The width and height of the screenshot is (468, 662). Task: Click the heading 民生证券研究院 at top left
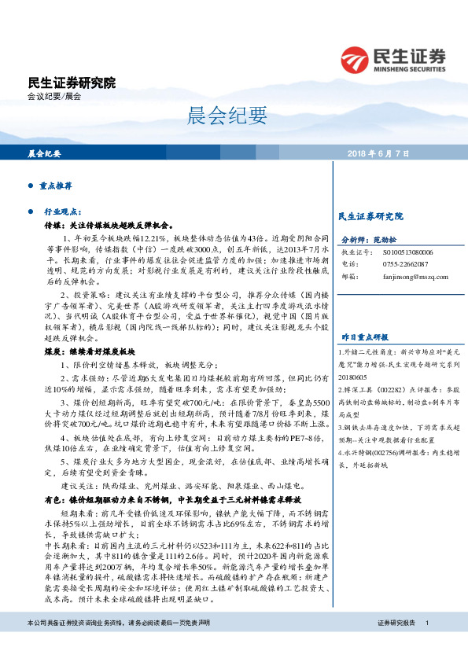point(72,82)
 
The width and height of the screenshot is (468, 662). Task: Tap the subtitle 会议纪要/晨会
point(53,97)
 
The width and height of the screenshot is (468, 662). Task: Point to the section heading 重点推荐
point(56,186)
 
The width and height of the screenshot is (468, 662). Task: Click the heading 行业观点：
point(63,212)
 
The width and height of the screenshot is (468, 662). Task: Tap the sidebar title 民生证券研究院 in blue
point(370,215)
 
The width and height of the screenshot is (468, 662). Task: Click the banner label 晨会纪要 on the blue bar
point(45,153)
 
